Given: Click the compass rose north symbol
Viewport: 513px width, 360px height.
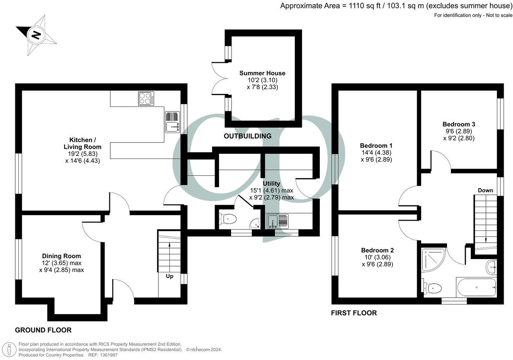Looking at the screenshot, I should tap(36, 35).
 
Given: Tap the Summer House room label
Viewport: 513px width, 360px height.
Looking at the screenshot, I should tap(262, 73).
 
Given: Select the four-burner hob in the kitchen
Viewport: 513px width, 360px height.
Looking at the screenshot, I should tap(146, 98).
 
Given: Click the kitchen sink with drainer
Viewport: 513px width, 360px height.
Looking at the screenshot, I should tap(172, 122).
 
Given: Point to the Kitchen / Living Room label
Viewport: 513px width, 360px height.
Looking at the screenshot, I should tap(83, 143).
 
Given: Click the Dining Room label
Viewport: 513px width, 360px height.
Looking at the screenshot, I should tap(61, 256).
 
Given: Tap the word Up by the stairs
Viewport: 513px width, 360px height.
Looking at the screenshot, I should tap(170, 276).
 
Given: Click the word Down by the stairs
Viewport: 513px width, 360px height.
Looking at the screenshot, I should tap(485, 190).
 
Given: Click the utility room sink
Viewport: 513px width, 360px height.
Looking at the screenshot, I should tap(277, 221).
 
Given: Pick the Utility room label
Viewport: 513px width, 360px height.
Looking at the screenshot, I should tap(271, 184).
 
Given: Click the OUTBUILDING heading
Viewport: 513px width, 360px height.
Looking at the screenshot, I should tap(247, 136).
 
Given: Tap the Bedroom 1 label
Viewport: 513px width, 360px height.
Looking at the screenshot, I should tap(376, 146).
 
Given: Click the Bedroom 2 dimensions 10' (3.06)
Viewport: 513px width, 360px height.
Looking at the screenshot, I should tap(377, 257).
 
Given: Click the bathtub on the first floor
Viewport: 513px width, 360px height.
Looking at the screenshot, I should tap(476, 288).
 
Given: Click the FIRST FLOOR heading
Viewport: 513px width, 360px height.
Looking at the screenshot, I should tap(354, 313).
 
